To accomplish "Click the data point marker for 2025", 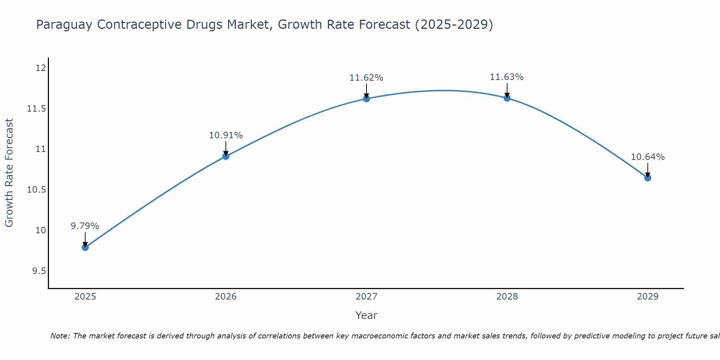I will point(85,247).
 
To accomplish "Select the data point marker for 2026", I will point(226,156).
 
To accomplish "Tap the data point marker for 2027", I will point(366,99).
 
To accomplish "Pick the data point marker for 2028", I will point(507,98).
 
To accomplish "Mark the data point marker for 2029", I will point(648,178).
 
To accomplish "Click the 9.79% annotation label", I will point(85,226).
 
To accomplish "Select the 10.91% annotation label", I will point(226,135).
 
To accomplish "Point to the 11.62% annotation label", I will point(366,78).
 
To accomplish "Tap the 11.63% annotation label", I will point(507,77).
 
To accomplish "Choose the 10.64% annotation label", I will point(648,157).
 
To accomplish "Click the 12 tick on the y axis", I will point(41,68).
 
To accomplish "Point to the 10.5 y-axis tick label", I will point(36,190).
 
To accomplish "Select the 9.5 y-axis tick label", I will point(39,271).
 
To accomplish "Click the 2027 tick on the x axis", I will point(366,297).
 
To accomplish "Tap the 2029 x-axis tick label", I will point(648,297).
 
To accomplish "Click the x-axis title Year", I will point(366,315).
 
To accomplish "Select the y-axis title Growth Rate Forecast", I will point(9,173).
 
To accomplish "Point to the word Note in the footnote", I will point(60,336).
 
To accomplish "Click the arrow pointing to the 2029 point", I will point(648,170).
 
